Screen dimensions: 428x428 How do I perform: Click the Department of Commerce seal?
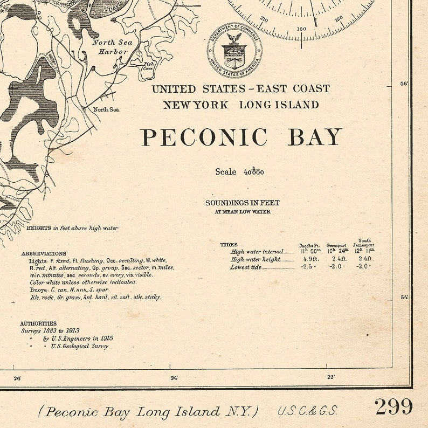(x=234, y=51)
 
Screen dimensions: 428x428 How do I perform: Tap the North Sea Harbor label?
(x=112, y=47)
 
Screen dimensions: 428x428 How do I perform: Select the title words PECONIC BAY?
(x=241, y=137)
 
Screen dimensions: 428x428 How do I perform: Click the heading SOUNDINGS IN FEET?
(x=242, y=203)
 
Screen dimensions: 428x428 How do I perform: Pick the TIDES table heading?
(x=229, y=245)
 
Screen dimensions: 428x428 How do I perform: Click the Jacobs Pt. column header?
(x=310, y=245)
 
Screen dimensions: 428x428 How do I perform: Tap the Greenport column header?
(x=336, y=245)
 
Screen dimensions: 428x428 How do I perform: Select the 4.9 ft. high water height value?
(x=309, y=259)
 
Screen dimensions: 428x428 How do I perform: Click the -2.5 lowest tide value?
(x=309, y=267)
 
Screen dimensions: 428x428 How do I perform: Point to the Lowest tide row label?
(x=247, y=267)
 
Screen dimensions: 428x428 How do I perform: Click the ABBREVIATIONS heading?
(x=44, y=253)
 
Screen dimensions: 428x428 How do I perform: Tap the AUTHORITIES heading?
(x=38, y=323)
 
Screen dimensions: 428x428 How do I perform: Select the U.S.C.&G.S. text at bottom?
(x=308, y=411)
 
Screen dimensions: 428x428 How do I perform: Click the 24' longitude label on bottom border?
(x=174, y=378)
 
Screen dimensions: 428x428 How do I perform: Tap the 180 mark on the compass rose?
(x=301, y=29)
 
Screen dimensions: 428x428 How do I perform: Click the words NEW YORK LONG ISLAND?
(x=241, y=105)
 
